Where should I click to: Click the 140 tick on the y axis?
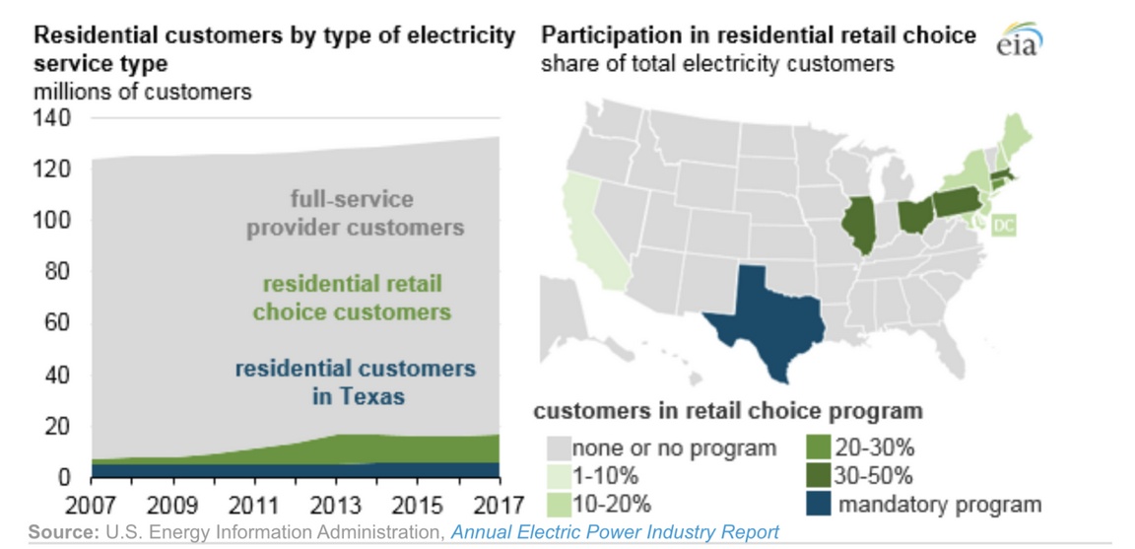pos(51,118)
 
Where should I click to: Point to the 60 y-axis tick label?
pos(57,324)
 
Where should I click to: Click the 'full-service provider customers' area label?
pos(355,213)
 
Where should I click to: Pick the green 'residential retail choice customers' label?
pos(352,299)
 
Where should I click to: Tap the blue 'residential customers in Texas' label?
pos(355,383)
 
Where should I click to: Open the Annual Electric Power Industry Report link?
pos(614,532)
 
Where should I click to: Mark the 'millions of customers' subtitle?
pos(143,92)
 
